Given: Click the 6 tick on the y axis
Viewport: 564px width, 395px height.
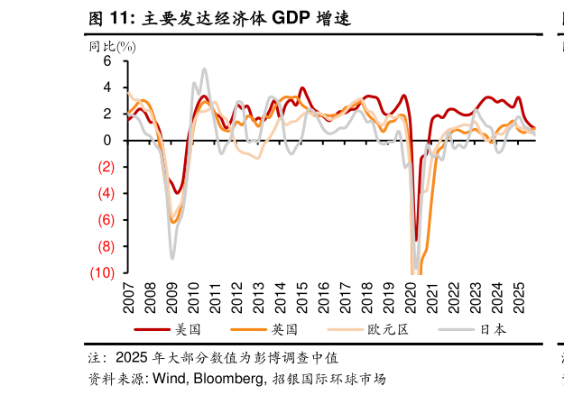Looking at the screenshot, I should tap(106, 61).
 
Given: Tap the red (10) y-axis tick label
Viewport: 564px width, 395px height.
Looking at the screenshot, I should tap(102, 272).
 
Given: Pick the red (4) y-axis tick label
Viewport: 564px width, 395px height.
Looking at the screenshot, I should tap(105, 193).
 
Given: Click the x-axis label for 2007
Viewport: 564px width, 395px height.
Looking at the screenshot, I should tap(127, 295).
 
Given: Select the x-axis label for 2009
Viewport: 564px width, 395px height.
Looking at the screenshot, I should tap(171, 295).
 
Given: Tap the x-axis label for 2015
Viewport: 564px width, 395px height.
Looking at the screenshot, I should tap(302, 295).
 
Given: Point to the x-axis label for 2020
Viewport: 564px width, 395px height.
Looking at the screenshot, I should tap(411, 295).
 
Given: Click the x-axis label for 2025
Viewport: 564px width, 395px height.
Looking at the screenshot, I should tap(521, 295).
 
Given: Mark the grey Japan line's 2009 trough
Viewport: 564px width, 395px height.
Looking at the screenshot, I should tap(172, 259).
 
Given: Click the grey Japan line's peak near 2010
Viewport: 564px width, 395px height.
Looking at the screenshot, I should tap(205, 69).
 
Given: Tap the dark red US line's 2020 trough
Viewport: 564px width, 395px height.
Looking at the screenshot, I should tap(416, 240).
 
